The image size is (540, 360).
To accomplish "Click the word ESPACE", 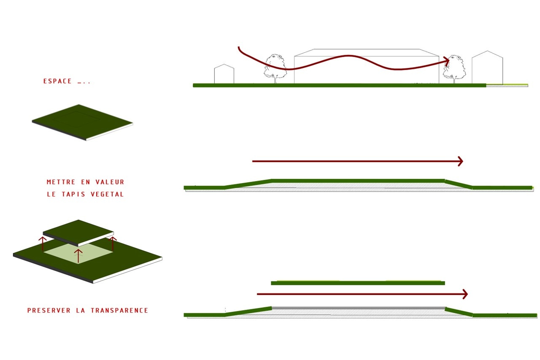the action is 57,81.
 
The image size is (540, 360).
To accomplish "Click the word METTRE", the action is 61,182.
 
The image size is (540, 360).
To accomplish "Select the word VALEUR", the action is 110,182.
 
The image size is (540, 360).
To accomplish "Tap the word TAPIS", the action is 73,194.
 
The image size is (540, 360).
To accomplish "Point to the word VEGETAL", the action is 107,194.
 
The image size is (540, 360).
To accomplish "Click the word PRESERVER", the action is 49,310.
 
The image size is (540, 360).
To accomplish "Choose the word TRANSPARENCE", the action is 119,310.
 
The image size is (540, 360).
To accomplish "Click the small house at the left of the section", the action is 224,74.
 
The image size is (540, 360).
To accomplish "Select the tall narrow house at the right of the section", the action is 487,67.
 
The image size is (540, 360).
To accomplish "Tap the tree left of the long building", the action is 275,69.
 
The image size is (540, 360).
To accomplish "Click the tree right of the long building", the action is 454,69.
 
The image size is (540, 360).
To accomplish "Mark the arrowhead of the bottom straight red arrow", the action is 465,294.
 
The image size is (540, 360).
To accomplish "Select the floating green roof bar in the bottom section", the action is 358,283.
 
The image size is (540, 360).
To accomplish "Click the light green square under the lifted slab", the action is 78,254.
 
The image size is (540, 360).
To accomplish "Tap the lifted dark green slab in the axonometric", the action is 78,233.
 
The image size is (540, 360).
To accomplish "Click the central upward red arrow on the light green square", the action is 78,256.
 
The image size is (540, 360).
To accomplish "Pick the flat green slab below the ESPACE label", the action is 82,122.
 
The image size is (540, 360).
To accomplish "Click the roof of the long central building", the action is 367,53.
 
